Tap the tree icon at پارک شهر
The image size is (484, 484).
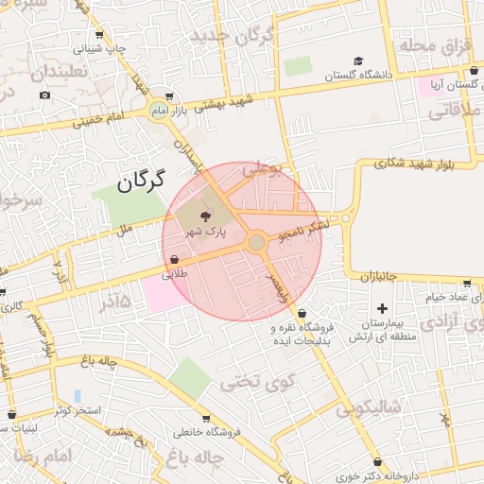point(207,216)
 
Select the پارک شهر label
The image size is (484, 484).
point(205,232)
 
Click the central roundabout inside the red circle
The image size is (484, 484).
point(256,243)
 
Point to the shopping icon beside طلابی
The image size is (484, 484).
point(175,260)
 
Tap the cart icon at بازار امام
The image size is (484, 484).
point(169,96)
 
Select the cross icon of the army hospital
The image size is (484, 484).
point(382,308)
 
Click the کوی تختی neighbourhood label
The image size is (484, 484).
point(253,382)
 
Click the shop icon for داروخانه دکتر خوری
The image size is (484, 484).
point(378,462)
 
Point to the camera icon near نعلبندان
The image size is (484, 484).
point(44,95)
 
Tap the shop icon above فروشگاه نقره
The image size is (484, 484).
point(302,314)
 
